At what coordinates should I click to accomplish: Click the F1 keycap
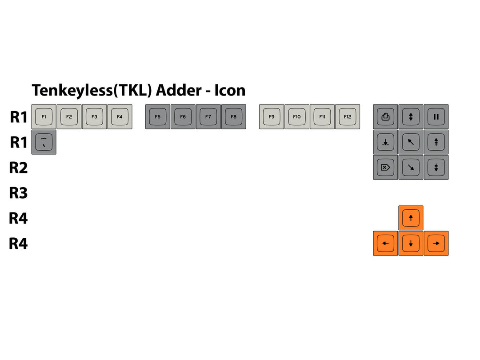point(44,117)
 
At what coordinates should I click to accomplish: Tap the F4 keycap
point(120,117)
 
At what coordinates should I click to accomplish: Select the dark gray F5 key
point(158,117)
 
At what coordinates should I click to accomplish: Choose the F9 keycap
point(272,117)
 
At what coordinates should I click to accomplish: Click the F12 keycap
point(348,117)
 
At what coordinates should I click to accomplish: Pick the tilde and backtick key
point(44,142)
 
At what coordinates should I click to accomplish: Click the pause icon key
point(436,117)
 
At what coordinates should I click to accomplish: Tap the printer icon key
point(385,117)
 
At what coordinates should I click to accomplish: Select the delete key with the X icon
point(385,168)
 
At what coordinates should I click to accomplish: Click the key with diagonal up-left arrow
point(411,142)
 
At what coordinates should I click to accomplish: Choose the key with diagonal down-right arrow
point(411,168)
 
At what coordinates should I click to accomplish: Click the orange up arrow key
point(411,218)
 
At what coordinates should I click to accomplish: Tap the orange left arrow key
point(385,243)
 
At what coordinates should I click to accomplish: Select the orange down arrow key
point(411,243)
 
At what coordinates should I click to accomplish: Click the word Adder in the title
point(178,90)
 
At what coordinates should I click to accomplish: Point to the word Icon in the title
point(230,90)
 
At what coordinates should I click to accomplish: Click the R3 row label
point(19,193)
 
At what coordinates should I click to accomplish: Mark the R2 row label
point(19,168)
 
